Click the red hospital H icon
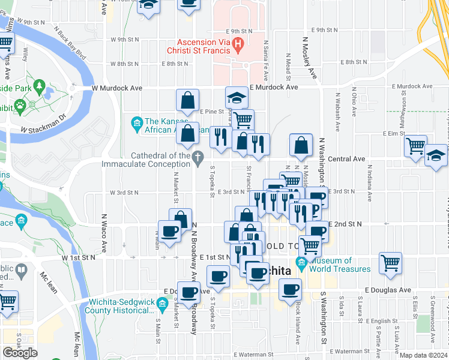(x=238, y=43)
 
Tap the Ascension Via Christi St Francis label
(x=203, y=48)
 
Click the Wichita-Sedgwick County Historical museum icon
(x=161, y=306)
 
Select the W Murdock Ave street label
(x=116, y=88)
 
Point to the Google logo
(x=20, y=352)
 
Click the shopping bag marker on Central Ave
(x=301, y=145)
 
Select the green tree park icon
(x=40, y=88)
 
